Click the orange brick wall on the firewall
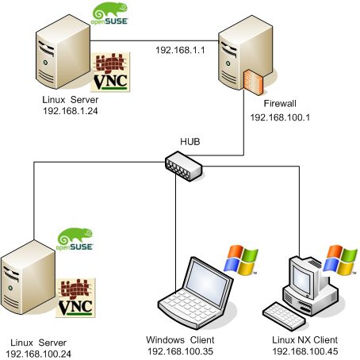(253, 82)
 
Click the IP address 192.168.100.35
(182, 350)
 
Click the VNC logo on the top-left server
(111, 74)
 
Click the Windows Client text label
(182, 339)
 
